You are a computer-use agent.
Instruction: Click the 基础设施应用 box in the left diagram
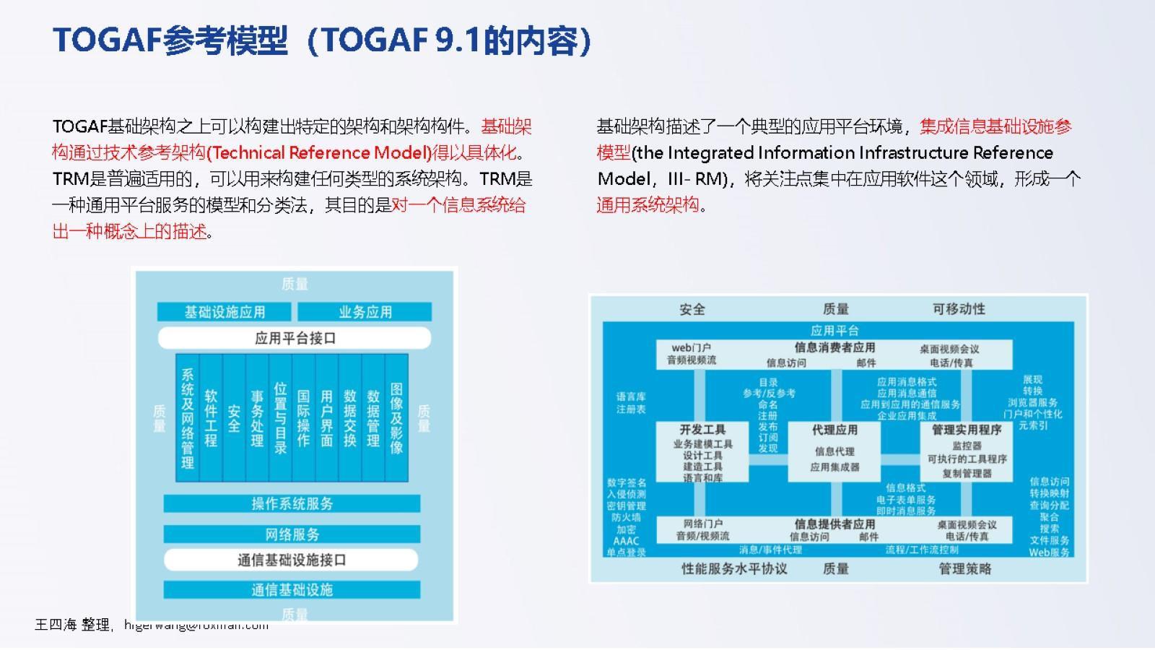tap(225, 312)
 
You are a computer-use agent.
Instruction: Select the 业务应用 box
tap(365, 312)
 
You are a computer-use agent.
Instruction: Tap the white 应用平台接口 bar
tap(295, 338)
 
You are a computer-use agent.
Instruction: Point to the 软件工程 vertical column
tap(211, 417)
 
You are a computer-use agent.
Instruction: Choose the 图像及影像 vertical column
tap(396, 417)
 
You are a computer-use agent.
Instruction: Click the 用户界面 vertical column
tap(327, 417)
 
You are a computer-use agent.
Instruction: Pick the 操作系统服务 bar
tap(292, 503)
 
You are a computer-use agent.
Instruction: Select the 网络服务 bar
tap(292, 534)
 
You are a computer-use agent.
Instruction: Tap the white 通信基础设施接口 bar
tap(292, 560)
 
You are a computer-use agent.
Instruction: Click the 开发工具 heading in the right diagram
tap(702, 430)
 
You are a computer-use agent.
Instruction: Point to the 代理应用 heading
tap(834, 430)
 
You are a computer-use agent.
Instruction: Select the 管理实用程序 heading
tap(967, 430)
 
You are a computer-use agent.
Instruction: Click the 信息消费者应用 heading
tap(834, 347)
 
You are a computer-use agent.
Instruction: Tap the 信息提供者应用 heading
tap(834, 524)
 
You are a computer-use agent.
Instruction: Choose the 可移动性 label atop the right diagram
tap(959, 309)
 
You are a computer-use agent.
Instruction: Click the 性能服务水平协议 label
tap(734, 569)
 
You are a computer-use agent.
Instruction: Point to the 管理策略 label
tap(965, 569)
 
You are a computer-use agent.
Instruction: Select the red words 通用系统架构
tap(648, 205)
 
